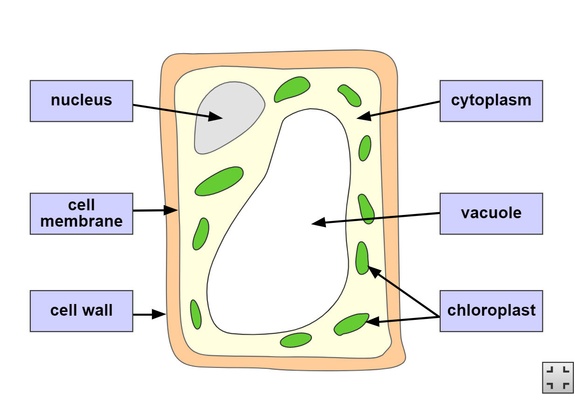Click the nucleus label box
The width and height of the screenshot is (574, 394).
click(x=82, y=101)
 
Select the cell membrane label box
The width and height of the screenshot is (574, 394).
click(x=82, y=213)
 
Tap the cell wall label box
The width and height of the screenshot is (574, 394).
click(x=82, y=311)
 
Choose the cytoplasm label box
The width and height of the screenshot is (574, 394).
click(x=491, y=101)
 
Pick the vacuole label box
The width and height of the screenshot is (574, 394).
click(x=491, y=213)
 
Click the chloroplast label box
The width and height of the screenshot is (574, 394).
click(x=491, y=311)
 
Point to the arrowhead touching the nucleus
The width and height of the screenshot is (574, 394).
click(x=217, y=117)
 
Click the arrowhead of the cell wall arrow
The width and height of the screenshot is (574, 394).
click(x=161, y=315)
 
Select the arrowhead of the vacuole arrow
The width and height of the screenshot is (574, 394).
click(x=318, y=223)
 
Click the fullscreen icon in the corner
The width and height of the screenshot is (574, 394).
click(x=558, y=377)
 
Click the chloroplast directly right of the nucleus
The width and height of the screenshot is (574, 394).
click(x=292, y=89)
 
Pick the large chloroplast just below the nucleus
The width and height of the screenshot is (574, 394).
click(x=219, y=181)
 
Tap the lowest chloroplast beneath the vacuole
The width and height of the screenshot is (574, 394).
click(x=296, y=340)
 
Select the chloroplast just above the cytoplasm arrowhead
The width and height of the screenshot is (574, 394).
click(x=350, y=95)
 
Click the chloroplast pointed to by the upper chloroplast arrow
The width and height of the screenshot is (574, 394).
click(x=362, y=258)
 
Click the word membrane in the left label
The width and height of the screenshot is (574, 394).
click(x=82, y=221)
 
